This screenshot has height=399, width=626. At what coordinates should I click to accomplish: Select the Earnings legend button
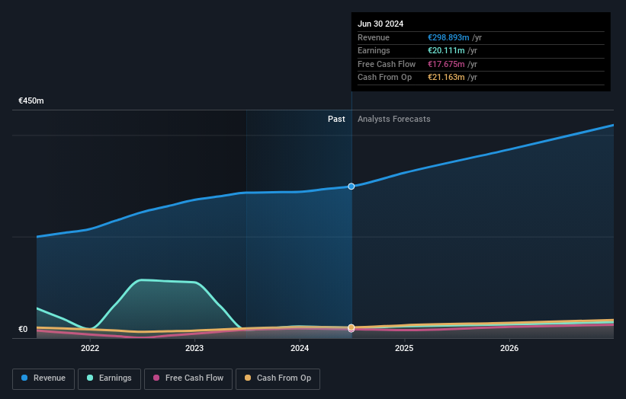pos(109,378)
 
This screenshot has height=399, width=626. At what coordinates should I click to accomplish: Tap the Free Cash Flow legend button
pos(188,378)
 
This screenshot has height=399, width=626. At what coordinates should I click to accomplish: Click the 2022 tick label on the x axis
pos(90,348)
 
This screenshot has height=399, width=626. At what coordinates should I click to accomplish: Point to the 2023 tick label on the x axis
pos(194,348)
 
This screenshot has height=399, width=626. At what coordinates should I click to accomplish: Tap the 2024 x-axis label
pos(300,348)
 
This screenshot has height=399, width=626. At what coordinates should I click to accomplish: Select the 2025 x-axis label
pos(404,348)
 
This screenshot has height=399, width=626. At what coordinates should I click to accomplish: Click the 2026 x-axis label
pos(509,348)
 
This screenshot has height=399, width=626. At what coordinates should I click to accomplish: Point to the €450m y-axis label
pos(31,101)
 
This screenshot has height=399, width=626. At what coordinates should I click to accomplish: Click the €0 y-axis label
pos(23,330)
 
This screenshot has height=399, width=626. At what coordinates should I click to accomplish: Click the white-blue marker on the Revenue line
pos(352,187)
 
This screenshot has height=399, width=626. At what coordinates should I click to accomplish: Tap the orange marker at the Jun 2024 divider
pos(352,327)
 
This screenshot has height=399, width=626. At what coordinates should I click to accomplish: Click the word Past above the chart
pos(336,120)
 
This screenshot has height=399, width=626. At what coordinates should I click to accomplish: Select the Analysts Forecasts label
pos(393,120)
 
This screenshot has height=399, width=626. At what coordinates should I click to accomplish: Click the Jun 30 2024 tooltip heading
pos(380,24)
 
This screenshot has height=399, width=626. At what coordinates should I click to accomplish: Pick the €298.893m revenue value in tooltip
pos(448,38)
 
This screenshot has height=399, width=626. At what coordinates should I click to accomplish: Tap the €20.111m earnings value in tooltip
pos(446,51)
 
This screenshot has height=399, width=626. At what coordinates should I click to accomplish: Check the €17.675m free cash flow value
pos(446,65)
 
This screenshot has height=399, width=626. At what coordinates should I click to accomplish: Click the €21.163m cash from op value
pos(446,78)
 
